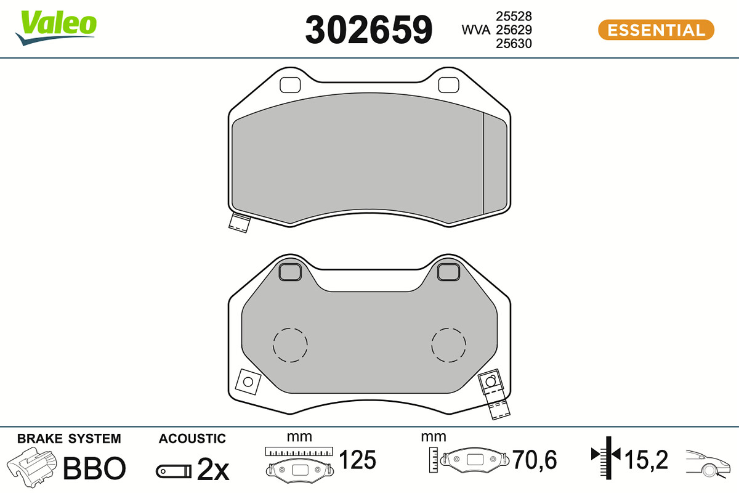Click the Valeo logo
tap(56, 27)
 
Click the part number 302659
tap(368, 30)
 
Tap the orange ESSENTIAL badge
tap(656, 30)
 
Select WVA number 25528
tap(514, 16)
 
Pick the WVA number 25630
tap(514, 44)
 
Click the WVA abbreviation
tap(475, 30)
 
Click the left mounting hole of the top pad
tap(290, 85)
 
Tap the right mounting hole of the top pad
tap(448, 85)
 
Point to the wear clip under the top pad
tap(240, 223)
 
